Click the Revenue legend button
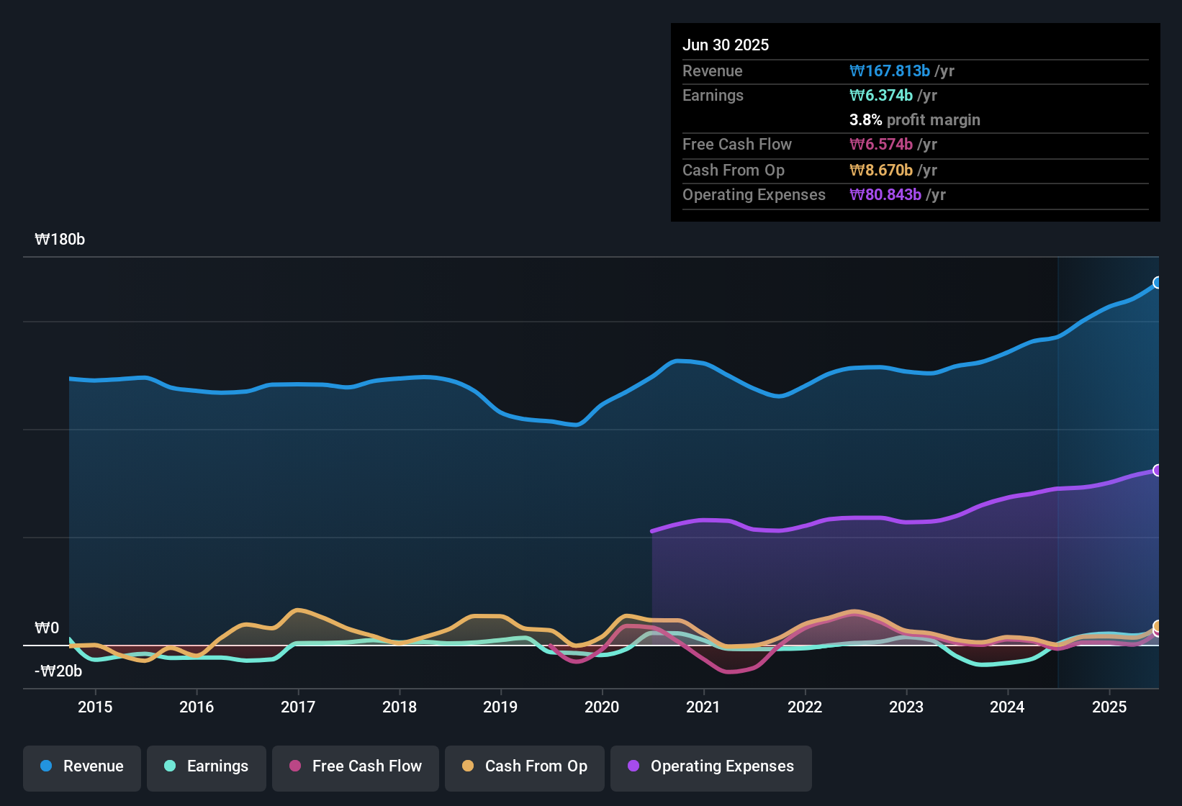pos(82,766)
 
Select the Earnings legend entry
pos(207,766)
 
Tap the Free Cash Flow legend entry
pos(356,766)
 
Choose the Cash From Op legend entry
pos(525,766)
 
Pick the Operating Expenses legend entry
pos(711,766)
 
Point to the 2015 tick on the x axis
pos(95,707)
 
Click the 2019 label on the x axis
pos(500,707)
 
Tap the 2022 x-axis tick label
pos(805,707)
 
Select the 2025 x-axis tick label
pos(1109,707)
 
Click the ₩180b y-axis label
pos(60,240)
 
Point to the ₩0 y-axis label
pos(47,628)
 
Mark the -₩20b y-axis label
pos(58,671)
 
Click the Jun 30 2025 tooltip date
pos(726,45)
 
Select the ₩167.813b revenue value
pos(890,71)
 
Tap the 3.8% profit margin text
pos(914,119)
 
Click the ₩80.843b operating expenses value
pos(885,194)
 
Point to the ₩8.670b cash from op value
pos(881,170)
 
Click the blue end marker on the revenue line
pos(1158,282)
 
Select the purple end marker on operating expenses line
pos(1158,470)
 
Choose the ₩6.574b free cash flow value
pos(881,144)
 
